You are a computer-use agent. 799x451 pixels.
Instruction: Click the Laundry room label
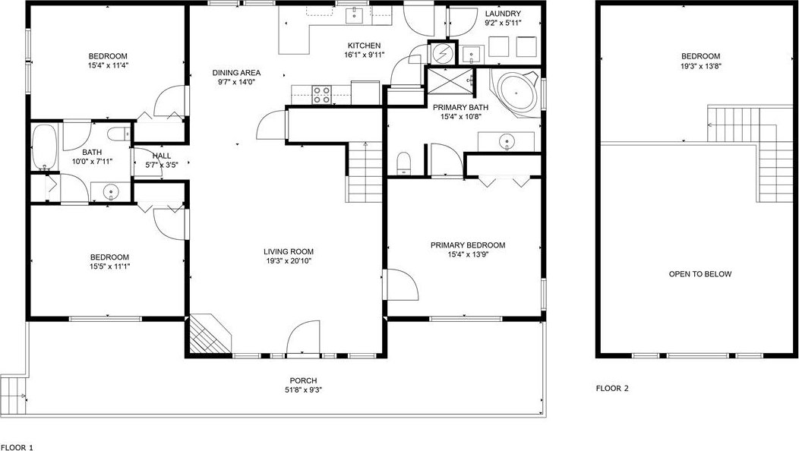pyautogui.click(x=503, y=14)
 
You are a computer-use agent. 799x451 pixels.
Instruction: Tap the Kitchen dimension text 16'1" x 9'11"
pyautogui.click(x=365, y=55)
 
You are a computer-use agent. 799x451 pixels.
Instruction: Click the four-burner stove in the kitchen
pyautogui.click(x=321, y=95)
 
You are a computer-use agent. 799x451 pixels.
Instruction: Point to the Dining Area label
pyautogui.click(x=236, y=73)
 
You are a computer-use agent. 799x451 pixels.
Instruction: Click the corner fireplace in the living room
pyautogui.click(x=208, y=334)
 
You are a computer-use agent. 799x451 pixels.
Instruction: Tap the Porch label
pyautogui.click(x=303, y=380)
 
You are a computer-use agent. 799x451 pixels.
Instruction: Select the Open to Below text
pyautogui.click(x=700, y=274)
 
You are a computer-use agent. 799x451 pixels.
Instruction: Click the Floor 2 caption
pyautogui.click(x=612, y=388)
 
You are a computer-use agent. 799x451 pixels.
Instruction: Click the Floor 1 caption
pyautogui.click(x=17, y=448)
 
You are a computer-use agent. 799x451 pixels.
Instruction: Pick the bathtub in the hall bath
pyautogui.click(x=44, y=147)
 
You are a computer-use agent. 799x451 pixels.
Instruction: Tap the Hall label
pyautogui.click(x=162, y=156)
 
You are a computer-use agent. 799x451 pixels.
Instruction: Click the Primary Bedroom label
pyautogui.click(x=468, y=245)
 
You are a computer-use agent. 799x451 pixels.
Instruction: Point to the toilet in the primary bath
pyautogui.click(x=404, y=163)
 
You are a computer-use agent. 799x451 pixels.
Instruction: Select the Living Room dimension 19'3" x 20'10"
pyautogui.click(x=289, y=261)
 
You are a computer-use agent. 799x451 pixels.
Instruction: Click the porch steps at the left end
pyautogui.click(x=14, y=394)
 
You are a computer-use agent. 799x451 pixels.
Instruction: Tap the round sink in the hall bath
pyautogui.click(x=111, y=192)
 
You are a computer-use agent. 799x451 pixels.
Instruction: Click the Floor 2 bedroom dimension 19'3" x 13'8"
pyautogui.click(x=701, y=66)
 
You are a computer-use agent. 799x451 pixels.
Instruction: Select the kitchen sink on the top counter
pyautogui.click(x=354, y=16)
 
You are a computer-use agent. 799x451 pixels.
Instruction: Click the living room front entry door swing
pyautogui.click(x=303, y=337)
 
